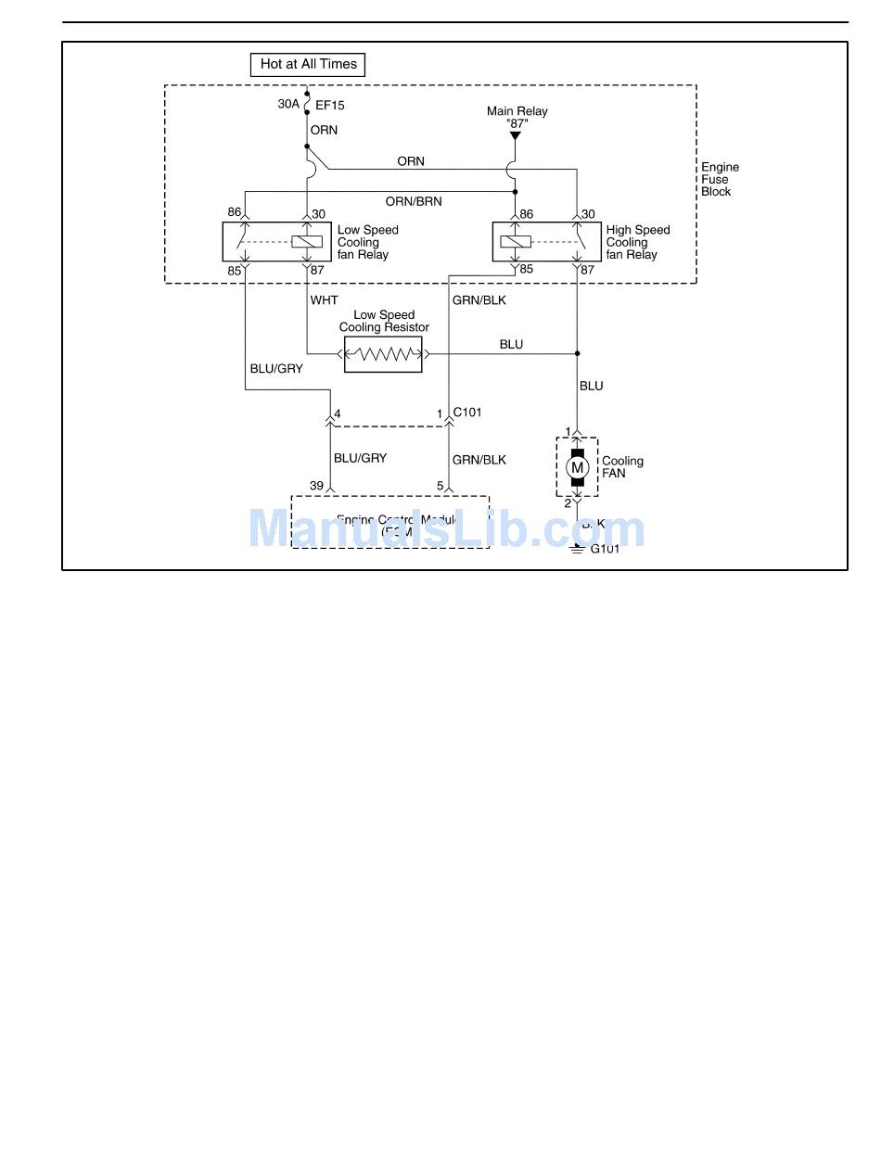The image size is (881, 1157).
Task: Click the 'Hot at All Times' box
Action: tap(308, 64)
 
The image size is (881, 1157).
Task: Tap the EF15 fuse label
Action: tap(330, 106)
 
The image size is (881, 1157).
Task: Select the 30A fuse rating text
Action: tap(288, 105)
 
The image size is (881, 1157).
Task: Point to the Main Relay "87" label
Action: tap(517, 117)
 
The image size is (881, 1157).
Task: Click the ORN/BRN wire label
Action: tap(414, 201)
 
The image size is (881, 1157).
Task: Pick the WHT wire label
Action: tap(324, 300)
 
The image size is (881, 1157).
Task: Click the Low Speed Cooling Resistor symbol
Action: tap(383, 353)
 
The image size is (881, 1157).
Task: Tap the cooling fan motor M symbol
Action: tap(577, 466)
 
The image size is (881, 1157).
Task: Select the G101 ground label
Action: tap(605, 549)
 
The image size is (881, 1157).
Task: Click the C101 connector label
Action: tap(467, 412)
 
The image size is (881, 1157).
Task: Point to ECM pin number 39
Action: tap(316, 486)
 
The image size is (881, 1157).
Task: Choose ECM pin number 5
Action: tap(440, 486)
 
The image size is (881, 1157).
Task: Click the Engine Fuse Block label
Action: tap(720, 180)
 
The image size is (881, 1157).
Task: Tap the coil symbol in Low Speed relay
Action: tap(307, 242)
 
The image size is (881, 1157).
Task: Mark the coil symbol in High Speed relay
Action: tap(515, 242)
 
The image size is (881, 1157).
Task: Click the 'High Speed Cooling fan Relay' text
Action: tap(637, 242)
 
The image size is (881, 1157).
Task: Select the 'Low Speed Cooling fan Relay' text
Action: tap(367, 242)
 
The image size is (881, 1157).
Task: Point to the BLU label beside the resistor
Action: tap(511, 345)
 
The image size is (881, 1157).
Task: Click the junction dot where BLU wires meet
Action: tap(577, 353)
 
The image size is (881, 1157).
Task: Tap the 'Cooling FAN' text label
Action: tap(622, 466)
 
